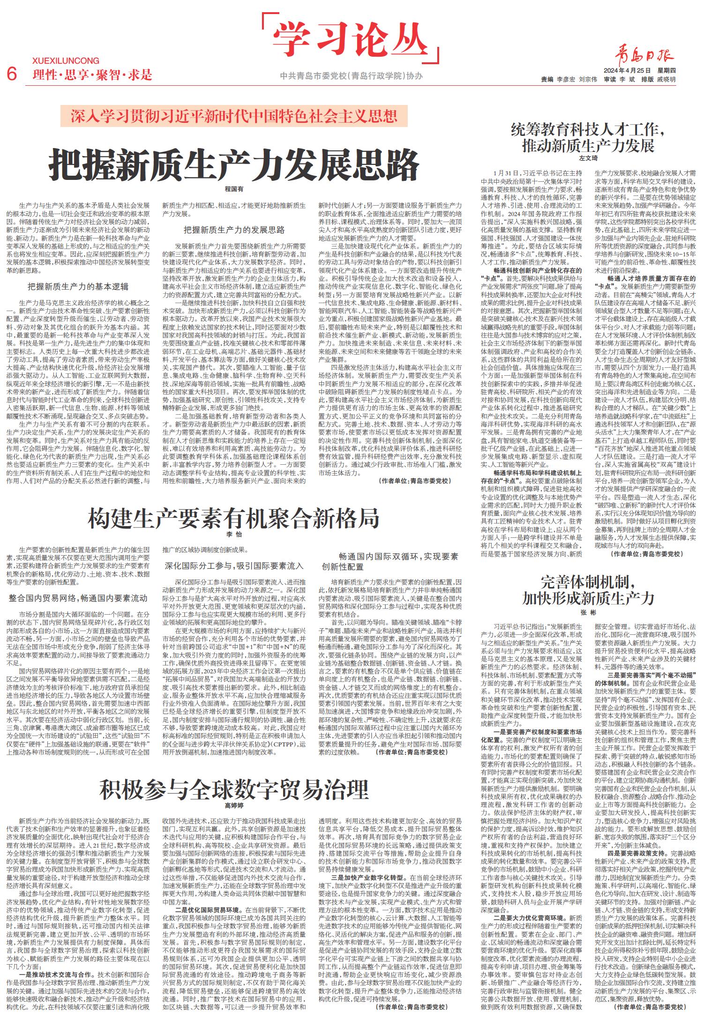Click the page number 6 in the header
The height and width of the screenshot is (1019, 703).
point(13,74)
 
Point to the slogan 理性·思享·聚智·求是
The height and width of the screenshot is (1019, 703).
point(93,74)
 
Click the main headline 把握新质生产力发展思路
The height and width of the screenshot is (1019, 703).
point(234,164)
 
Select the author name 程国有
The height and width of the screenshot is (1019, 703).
point(234,189)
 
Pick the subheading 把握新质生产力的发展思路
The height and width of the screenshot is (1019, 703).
point(234,230)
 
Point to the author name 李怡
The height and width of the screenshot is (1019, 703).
point(234,534)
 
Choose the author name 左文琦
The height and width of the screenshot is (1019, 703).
point(589,158)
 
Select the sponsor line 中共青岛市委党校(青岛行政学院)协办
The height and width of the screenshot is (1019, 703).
point(351,75)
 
